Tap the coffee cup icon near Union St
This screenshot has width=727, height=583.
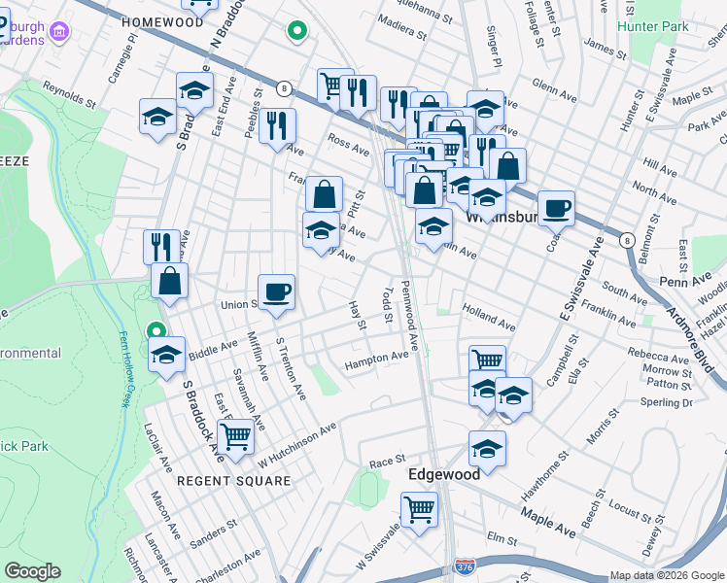276,291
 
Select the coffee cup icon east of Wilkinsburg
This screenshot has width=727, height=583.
556,208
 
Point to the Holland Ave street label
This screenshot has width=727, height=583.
489,316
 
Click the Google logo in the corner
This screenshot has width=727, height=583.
32,571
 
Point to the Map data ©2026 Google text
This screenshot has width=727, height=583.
667,575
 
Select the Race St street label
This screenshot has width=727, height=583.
386,462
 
